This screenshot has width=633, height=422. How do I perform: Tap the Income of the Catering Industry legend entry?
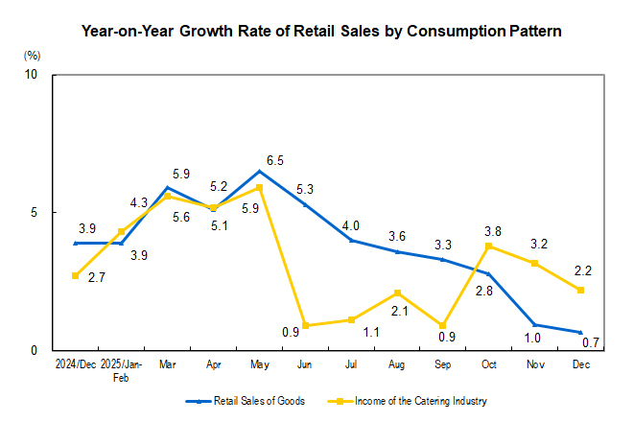[412, 400]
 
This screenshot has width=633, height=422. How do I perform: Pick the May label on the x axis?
[260, 366]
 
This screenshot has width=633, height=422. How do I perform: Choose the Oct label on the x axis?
[489, 366]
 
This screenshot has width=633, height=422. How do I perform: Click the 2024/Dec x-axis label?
[75, 366]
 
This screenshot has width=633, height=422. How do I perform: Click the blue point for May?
[259, 172]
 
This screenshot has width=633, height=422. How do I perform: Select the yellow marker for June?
[305, 326]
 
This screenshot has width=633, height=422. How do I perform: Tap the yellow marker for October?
[489, 246]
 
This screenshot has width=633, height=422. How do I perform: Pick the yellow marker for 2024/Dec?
[75, 276]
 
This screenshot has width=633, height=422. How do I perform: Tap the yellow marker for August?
[397, 293]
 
